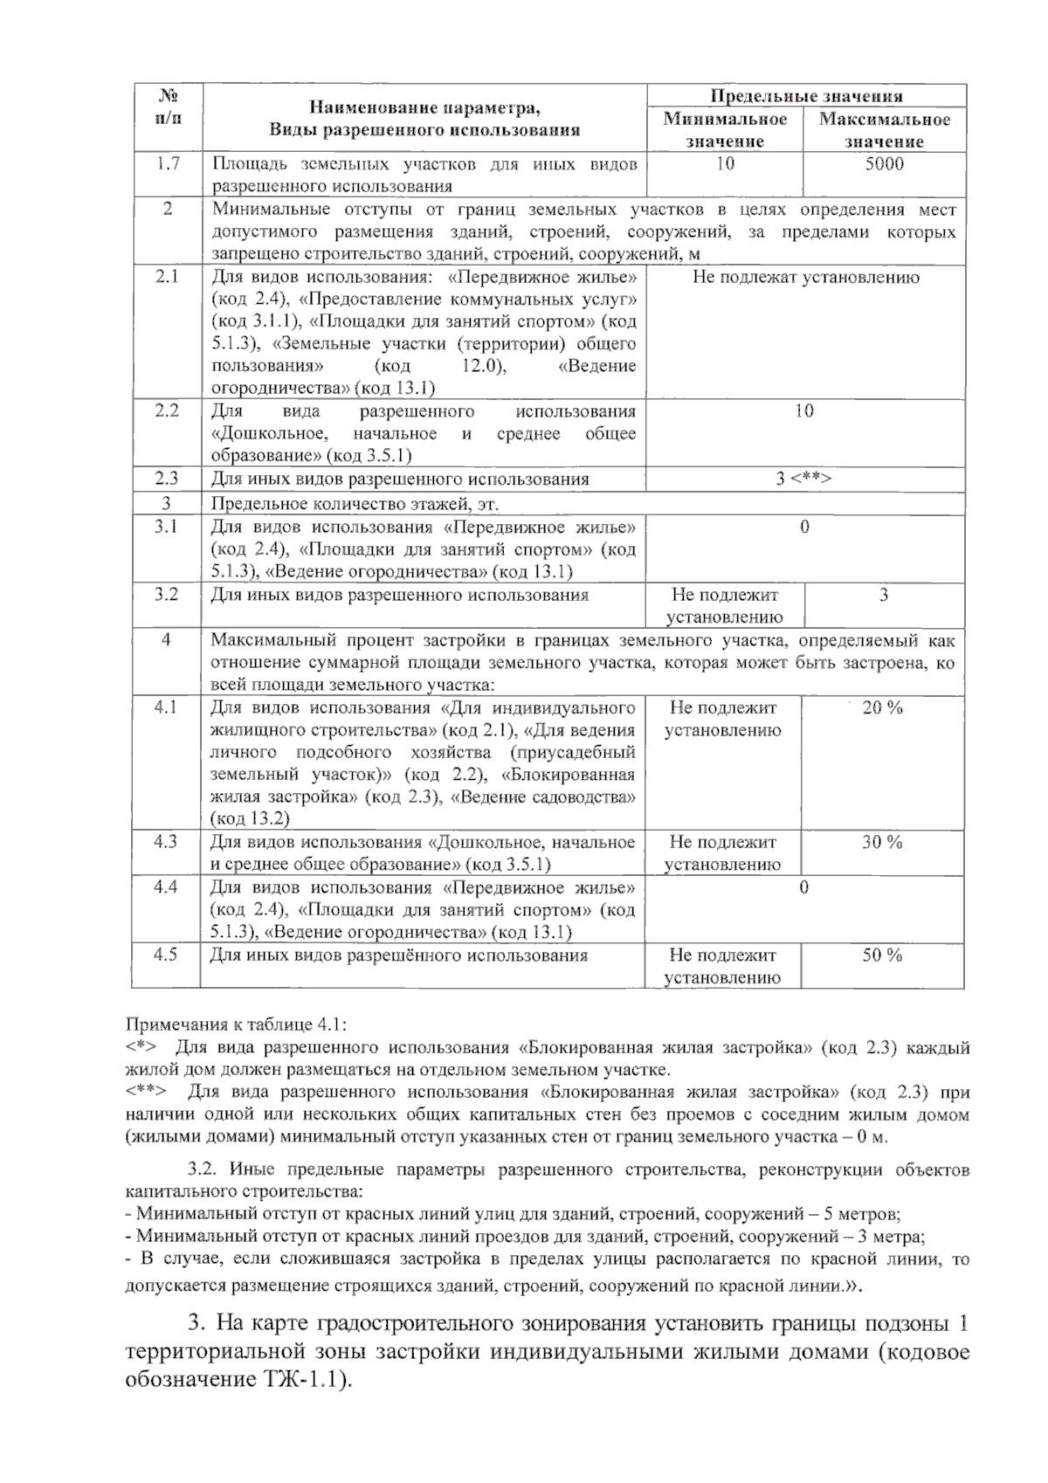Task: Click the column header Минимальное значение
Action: (725, 130)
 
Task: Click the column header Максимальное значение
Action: (884, 130)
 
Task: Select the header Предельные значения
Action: (806, 96)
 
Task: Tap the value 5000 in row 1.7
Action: (884, 164)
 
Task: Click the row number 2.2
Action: (167, 411)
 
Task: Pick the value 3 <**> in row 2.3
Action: (804, 479)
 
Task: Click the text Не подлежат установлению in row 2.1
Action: (805, 278)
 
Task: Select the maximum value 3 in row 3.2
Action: (884, 596)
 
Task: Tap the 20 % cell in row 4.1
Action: (882, 708)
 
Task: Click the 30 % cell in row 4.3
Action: (882, 843)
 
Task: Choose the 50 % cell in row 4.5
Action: (882, 955)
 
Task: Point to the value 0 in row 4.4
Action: (804, 888)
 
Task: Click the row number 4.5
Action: (166, 955)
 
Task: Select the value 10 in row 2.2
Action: (804, 411)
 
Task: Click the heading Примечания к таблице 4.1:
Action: (236, 1024)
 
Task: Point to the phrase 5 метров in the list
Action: (865, 1215)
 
